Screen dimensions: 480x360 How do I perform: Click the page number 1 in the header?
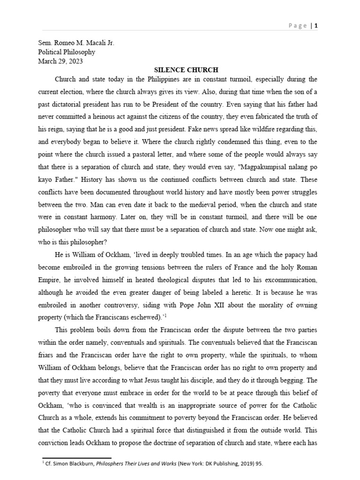pos(316,26)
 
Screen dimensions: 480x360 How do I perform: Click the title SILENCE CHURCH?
pos(180,70)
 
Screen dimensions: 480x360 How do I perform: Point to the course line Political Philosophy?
pos(67,52)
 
